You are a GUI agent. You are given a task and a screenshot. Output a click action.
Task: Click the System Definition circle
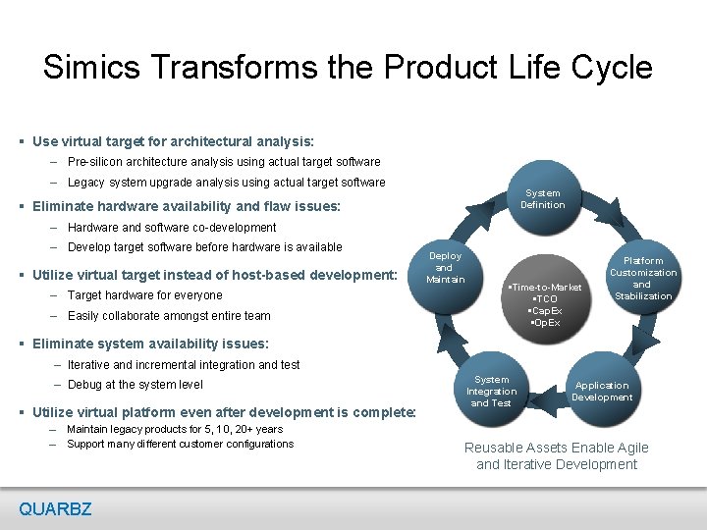click(x=543, y=200)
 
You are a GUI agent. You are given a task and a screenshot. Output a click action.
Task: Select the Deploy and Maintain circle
click(x=445, y=268)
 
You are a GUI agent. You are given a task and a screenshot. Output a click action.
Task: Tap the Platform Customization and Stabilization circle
click(x=642, y=278)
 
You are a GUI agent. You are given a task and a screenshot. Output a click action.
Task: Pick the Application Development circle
click(x=603, y=392)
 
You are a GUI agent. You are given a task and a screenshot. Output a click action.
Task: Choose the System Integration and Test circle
click(x=491, y=392)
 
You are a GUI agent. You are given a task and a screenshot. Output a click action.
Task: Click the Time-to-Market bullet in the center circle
click(x=545, y=287)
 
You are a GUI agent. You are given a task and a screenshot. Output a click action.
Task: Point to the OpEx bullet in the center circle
click(x=544, y=322)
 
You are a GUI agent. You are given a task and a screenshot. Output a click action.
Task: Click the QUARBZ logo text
click(x=55, y=508)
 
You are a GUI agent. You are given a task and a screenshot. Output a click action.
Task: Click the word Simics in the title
click(x=92, y=67)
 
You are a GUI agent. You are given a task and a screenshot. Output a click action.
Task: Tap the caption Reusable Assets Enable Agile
click(x=557, y=448)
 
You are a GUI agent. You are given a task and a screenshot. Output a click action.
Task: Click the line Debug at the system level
click(x=136, y=385)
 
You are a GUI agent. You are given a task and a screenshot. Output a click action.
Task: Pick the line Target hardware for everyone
click(x=144, y=295)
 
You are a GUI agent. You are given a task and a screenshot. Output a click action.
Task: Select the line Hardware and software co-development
click(x=172, y=227)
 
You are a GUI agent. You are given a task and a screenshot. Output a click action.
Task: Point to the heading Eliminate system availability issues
click(x=150, y=344)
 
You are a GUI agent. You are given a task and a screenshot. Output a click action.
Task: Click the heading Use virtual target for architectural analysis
click(x=173, y=141)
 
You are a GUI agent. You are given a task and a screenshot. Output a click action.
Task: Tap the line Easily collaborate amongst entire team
click(x=169, y=316)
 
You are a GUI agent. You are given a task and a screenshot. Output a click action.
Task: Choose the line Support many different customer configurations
click(x=180, y=444)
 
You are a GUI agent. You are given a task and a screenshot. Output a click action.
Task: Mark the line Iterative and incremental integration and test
click(x=184, y=364)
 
